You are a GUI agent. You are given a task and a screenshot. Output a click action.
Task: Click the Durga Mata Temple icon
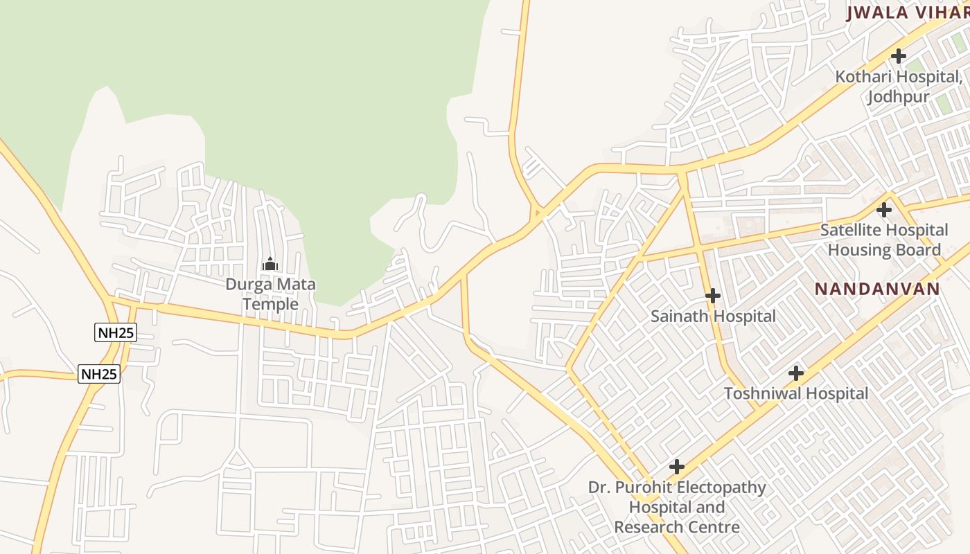coord(270,264)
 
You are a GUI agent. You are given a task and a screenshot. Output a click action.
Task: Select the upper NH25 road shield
coord(116,332)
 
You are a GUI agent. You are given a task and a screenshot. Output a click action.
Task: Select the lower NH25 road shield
coord(99,374)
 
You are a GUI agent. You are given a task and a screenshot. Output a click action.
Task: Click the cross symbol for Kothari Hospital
coord(899,56)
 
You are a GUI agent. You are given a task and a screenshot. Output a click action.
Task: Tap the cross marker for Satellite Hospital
coord(883,209)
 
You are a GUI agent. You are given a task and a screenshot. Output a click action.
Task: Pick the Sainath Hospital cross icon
coord(712,296)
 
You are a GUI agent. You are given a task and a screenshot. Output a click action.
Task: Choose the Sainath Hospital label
coord(713,316)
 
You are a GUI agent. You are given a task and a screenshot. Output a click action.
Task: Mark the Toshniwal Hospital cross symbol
coord(796,374)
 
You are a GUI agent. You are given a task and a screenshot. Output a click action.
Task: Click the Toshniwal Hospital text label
coord(796,393)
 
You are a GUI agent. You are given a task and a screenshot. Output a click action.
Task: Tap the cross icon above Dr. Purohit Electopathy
coord(677,467)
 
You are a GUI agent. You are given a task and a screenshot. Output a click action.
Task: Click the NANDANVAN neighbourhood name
coord(876,289)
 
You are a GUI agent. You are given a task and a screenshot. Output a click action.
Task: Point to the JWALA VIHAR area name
coord(907,12)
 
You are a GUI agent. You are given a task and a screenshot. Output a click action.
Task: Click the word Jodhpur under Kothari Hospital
coord(899,96)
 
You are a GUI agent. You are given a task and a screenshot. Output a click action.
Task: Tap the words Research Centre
coord(677,527)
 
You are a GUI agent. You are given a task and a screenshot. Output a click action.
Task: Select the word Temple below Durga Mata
coord(270,304)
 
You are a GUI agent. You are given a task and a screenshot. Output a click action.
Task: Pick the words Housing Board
coord(884,249)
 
